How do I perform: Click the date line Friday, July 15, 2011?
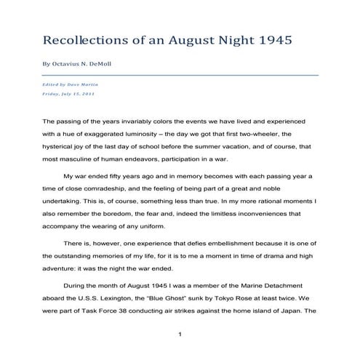click(68, 94)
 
